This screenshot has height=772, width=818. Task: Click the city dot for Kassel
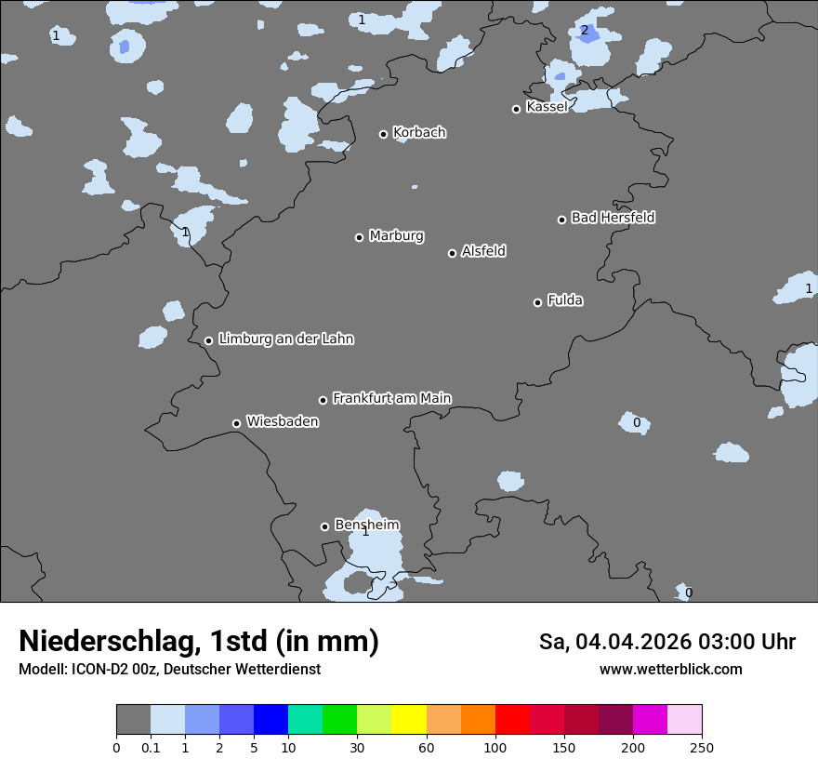pos(516,109)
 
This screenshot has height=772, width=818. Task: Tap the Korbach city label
pos(419,133)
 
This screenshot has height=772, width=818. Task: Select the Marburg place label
pos(396,236)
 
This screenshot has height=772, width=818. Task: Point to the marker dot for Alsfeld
pos(452,253)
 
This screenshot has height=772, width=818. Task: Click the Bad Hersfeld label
pos(613,218)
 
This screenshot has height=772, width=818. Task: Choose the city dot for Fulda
pos(537,302)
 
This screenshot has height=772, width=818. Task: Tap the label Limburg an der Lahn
pos(285,339)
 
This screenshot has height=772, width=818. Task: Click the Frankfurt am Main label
pos(391,398)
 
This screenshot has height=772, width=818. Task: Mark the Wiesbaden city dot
pos(236,423)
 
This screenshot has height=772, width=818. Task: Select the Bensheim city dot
pos(324,526)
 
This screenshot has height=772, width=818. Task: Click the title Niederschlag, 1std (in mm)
pos(199,641)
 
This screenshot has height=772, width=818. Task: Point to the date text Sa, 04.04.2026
pos(617,642)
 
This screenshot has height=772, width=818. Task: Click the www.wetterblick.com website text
pos(670,669)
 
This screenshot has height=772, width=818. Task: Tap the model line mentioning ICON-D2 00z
pos(169,669)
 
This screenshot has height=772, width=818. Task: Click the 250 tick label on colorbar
pos(702,747)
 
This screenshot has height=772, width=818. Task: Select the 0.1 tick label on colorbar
pos(151,747)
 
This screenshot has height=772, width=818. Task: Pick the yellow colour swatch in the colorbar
pos(409,720)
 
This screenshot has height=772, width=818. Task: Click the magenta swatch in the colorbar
pos(650,720)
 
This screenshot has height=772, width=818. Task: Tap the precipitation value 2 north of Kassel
pos(584,31)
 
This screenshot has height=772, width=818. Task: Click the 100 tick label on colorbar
pos(495,747)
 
